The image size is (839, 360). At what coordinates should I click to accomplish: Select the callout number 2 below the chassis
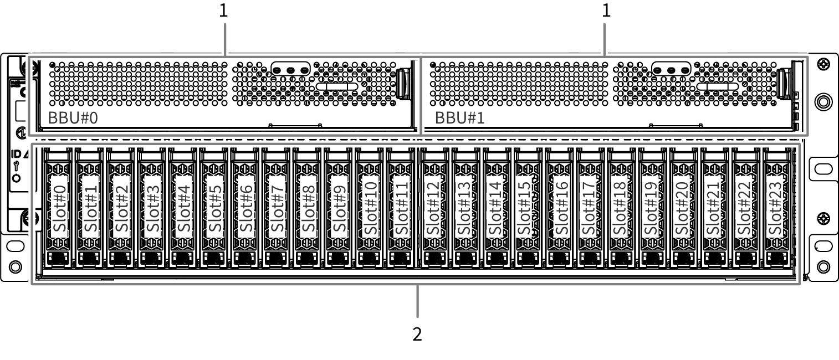[x=417, y=334]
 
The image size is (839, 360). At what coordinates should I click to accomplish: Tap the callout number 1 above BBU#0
[x=223, y=11]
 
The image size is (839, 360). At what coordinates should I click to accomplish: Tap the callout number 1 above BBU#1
[x=606, y=11]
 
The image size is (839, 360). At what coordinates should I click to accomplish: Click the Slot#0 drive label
[x=60, y=208]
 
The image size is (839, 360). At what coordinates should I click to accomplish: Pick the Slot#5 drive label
[x=215, y=208]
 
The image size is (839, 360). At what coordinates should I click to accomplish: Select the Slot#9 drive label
[x=339, y=208]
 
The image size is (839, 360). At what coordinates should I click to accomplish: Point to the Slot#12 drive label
[x=433, y=208]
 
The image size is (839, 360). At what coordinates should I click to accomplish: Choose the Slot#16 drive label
[x=561, y=208]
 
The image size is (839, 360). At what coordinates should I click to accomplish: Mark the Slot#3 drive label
[x=153, y=208]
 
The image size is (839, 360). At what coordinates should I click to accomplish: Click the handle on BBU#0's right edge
[x=403, y=84]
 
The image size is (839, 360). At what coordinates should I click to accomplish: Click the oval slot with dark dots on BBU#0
[x=290, y=70]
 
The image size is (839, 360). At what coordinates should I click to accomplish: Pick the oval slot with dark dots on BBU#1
[x=672, y=70]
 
